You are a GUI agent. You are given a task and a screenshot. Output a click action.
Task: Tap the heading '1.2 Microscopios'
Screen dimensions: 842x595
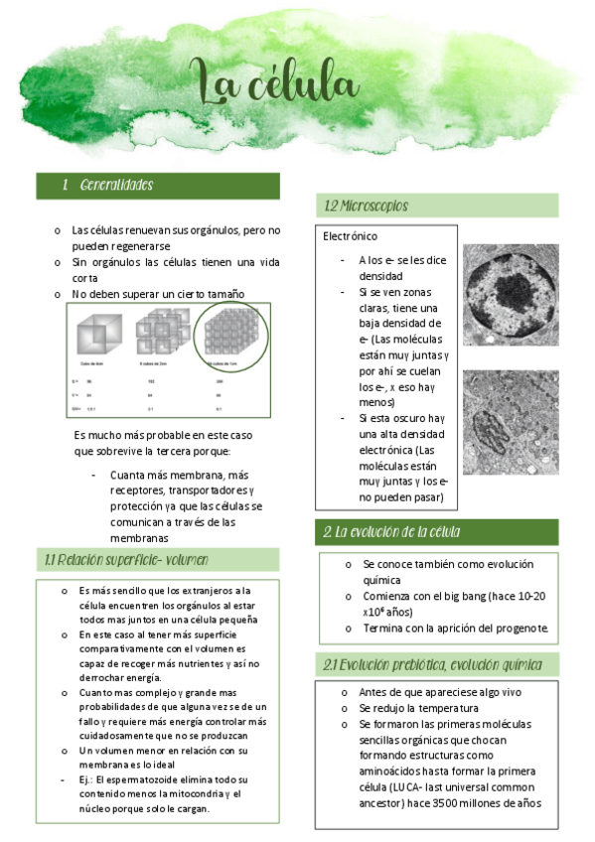point(367,206)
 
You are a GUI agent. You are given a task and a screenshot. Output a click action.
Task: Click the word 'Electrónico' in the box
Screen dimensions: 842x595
point(351,236)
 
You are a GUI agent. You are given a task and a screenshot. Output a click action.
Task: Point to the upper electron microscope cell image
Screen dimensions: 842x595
point(511,295)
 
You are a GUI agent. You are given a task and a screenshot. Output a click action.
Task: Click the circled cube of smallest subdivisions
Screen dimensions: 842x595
point(229,334)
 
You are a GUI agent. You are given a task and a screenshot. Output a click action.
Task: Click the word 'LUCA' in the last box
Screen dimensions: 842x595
point(415,786)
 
